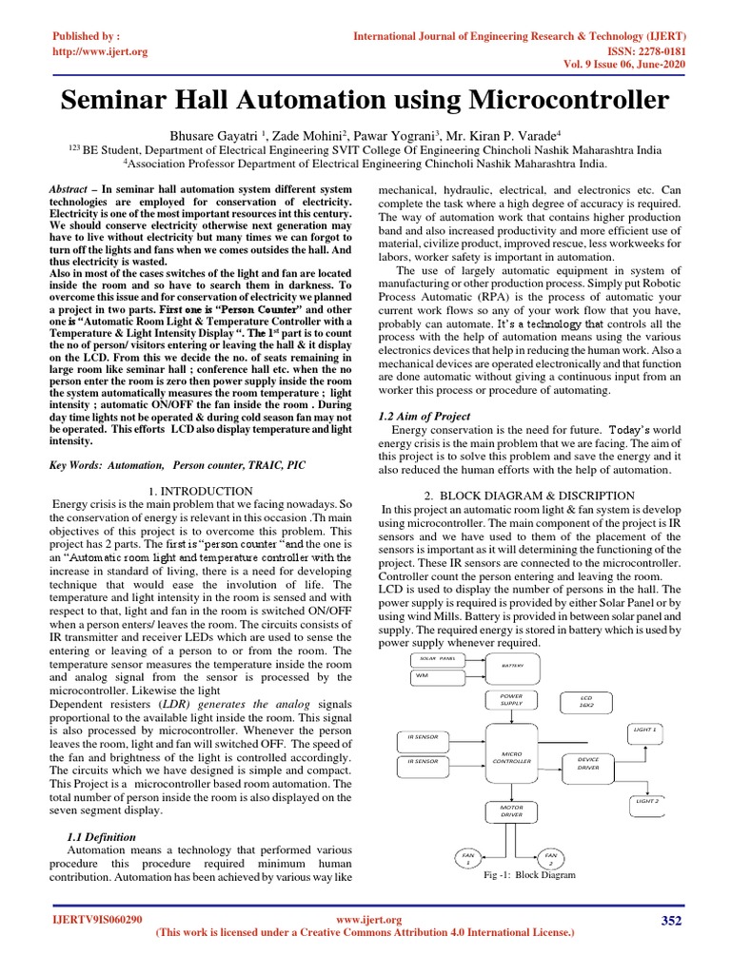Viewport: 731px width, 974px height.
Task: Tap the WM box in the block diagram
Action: click(x=433, y=676)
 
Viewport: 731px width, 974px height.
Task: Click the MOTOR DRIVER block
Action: click(x=512, y=810)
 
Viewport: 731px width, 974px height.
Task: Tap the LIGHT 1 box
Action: click(x=646, y=730)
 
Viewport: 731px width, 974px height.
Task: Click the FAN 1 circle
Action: click(x=467, y=858)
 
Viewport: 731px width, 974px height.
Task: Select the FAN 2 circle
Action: click(x=550, y=858)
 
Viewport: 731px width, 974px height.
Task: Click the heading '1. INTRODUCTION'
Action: click(x=202, y=491)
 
